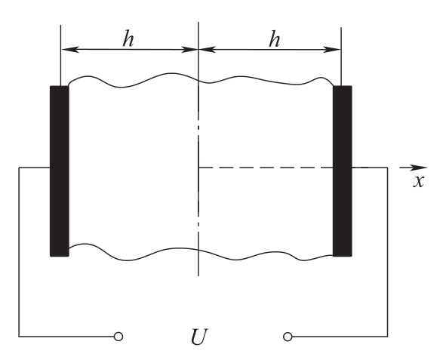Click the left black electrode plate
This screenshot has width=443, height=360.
click(60, 171)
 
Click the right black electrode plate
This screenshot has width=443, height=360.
click(343, 171)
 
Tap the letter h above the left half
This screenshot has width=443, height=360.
click(128, 38)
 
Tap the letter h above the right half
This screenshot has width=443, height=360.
click(275, 38)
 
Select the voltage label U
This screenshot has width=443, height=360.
click(199, 337)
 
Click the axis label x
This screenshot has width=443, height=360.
click(419, 181)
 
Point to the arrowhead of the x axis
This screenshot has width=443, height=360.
click(423, 168)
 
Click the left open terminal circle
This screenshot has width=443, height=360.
click(118, 337)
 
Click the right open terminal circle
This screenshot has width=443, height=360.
click(288, 337)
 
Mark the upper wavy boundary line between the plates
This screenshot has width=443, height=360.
click(201, 81)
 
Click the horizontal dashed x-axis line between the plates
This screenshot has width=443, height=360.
click(266, 168)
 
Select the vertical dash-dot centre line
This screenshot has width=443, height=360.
click(198, 149)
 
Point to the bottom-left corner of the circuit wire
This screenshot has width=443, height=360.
click(19, 337)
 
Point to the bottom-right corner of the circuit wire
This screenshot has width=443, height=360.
click(387, 337)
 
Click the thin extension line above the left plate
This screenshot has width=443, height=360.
click(60, 55)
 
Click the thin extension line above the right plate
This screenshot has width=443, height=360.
click(341, 57)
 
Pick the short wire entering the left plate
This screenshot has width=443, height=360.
click(35, 168)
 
